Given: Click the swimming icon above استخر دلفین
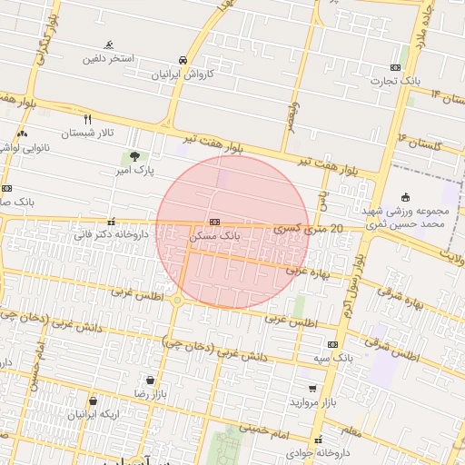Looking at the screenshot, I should point(110,45).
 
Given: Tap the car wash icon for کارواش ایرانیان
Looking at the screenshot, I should point(184,60).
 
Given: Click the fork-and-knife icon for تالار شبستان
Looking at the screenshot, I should point(88,119).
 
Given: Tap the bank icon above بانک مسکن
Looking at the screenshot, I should point(214,222).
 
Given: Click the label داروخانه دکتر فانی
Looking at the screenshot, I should point(111,234).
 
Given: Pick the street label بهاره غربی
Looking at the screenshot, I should point(306,270).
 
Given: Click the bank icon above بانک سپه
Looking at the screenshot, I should point(332,345).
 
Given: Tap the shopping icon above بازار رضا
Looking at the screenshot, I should point(149,381).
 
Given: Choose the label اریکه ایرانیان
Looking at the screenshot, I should point(94,414).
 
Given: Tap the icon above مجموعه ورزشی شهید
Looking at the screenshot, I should point(405,197).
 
